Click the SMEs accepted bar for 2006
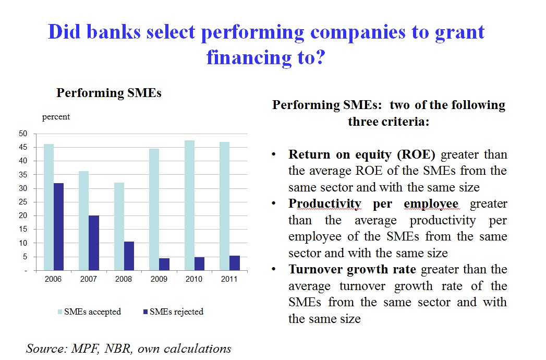(x=48, y=207)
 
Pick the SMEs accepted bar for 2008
(x=119, y=226)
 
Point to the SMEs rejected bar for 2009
(x=164, y=264)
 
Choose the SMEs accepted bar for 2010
(x=190, y=206)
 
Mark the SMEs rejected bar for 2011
(x=235, y=263)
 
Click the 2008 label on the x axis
(x=124, y=279)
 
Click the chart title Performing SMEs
(x=109, y=93)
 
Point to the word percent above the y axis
(x=56, y=117)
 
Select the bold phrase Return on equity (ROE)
(x=362, y=155)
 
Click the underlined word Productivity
(x=321, y=204)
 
